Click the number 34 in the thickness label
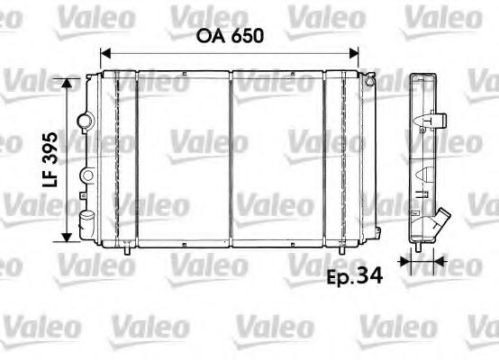[370, 276]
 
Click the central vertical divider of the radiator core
[231, 157]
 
